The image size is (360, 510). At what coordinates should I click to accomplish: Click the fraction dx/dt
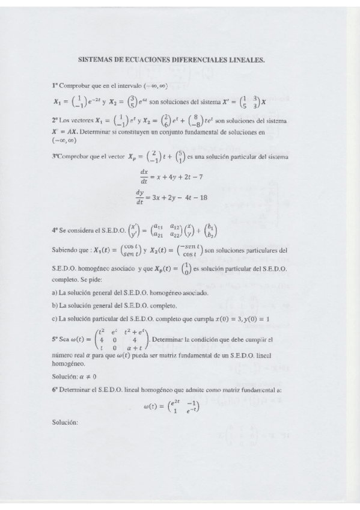pos(144,175)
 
